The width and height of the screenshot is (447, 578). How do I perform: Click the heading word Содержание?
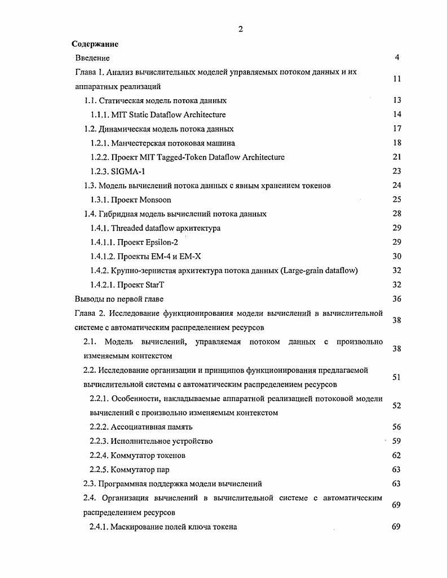(95, 43)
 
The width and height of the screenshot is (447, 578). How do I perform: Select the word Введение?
(92, 58)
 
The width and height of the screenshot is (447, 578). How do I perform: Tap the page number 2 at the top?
(241, 29)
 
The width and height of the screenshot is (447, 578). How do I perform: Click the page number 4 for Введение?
(397, 58)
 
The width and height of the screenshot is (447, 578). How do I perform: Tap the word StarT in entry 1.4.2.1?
(154, 285)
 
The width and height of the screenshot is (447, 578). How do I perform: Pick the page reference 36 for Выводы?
(396, 299)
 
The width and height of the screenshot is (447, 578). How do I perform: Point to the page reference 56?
(396, 427)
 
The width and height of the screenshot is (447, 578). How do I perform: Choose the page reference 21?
(396, 157)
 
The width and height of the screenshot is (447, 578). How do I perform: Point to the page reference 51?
(396, 377)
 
